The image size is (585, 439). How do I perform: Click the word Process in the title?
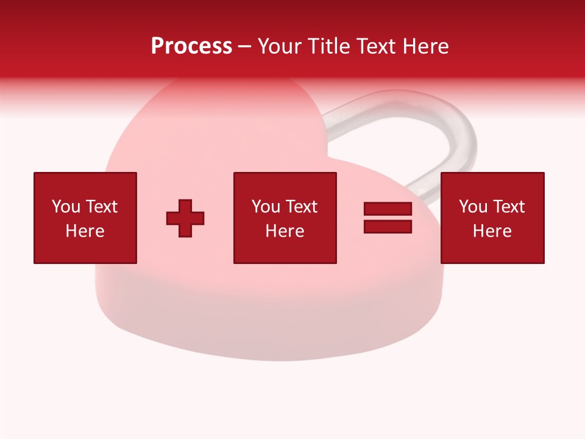(191, 46)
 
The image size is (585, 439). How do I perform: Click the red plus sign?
(185, 218)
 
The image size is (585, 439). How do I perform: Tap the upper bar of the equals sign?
(388, 209)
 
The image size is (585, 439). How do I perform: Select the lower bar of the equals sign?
(388, 227)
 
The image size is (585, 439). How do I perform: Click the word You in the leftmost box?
(66, 207)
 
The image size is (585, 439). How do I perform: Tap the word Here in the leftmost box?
(85, 231)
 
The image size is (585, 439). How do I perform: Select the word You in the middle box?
(266, 207)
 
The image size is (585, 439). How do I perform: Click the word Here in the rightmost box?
(492, 231)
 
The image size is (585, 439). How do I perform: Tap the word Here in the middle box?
(285, 231)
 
